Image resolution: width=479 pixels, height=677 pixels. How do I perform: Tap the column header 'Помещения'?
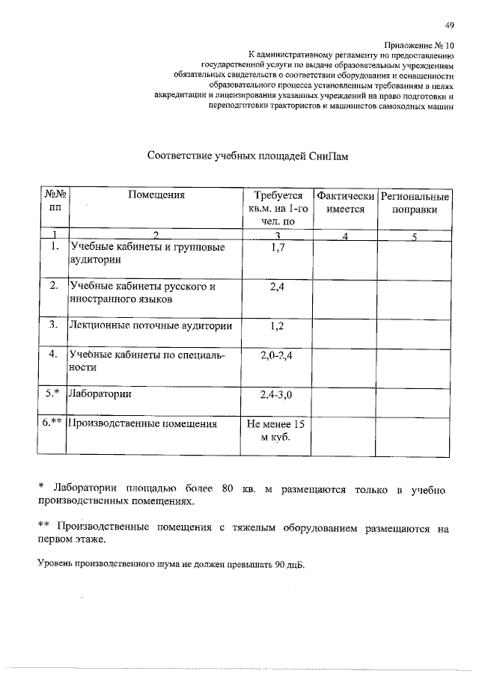pos(156,196)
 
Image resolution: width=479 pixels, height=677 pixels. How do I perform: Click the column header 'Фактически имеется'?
pos(345,203)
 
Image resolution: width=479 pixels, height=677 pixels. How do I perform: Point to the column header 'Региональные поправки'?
pos(415,203)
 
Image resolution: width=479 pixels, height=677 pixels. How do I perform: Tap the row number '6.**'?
pos(52,423)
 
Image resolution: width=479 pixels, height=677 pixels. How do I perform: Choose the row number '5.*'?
pos(52,393)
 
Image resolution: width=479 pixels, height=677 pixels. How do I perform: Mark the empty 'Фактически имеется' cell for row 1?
pos(345,258)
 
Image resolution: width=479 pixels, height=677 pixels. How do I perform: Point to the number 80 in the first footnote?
pos(228,489)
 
